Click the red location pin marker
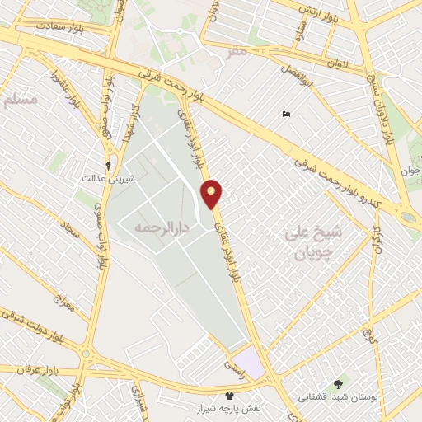pos(213,193)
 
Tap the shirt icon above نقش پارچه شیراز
pos(228,396)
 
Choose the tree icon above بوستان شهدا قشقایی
pos(337,385)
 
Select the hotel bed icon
pos(286,114)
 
